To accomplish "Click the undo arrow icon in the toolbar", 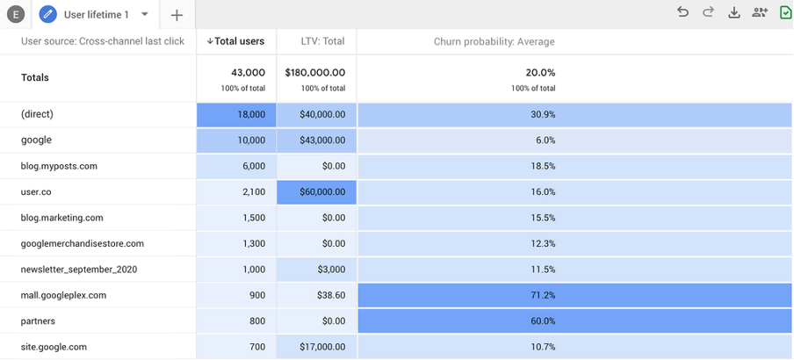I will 682,12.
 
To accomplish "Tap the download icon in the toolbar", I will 734,12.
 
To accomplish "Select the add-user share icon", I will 760,12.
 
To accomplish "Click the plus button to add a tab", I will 177,15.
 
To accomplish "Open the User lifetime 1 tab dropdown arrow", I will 145,14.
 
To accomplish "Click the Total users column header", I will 236,41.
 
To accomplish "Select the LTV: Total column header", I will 316,41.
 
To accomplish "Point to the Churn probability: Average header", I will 494,41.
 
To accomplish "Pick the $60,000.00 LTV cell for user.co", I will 315,191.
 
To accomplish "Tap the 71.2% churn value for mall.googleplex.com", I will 544,295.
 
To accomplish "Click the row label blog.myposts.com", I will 59,166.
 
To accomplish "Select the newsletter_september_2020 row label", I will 79,270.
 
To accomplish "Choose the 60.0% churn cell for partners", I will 544,321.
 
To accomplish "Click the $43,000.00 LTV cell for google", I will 315,140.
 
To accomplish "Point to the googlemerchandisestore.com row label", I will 82,243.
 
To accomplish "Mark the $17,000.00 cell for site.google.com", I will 315,347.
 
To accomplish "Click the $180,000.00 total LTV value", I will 315,73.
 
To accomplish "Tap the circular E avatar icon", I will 15,15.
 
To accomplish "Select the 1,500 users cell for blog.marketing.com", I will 251,218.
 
